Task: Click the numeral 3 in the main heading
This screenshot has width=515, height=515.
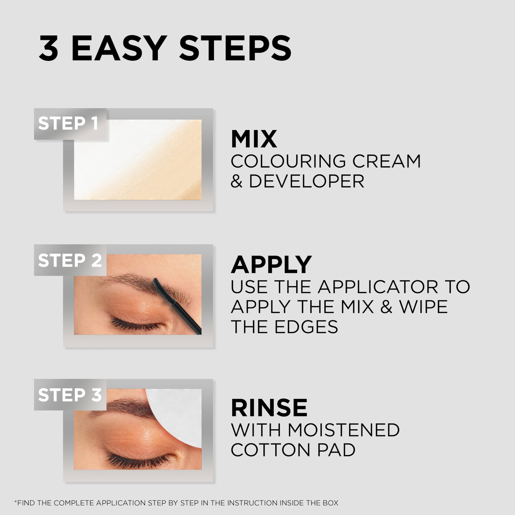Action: [48, 48]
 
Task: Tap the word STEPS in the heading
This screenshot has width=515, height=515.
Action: [235, 48]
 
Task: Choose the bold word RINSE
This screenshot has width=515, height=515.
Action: [269, 408]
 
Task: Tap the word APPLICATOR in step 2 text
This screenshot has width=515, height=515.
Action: [378, 287]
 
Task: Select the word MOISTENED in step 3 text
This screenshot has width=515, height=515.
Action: [343, 430]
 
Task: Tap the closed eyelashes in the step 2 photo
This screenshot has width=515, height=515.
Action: [136, 324]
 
